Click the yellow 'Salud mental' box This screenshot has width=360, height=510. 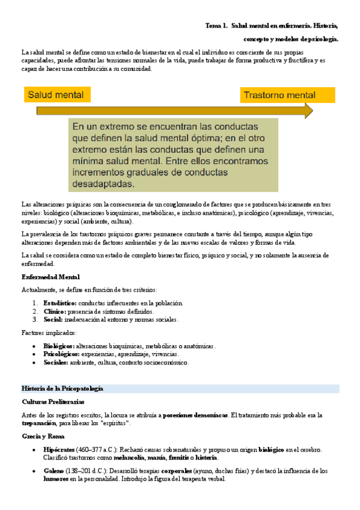(57, 94)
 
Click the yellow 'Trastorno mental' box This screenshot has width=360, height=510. (288, 95)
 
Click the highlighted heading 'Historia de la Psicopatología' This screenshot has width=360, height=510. (63, 389)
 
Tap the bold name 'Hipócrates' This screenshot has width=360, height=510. (59, 449)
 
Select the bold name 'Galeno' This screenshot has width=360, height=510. (53, 471)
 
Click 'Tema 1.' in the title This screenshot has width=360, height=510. (216, 26)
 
